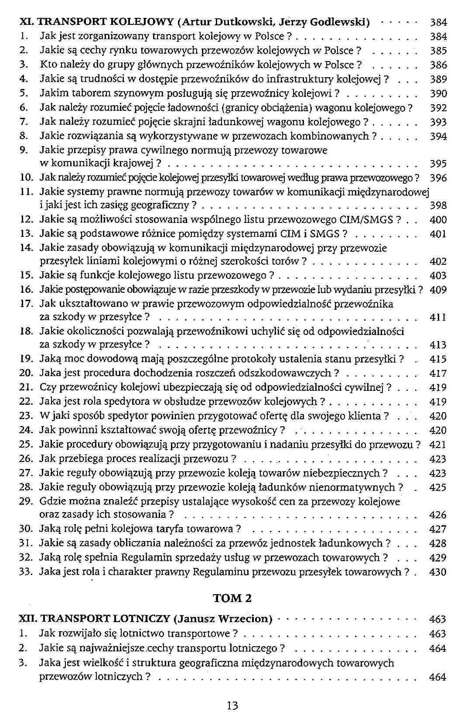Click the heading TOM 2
tap(232, 598)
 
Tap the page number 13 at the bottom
tap(232, 705)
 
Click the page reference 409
tap(438, 290)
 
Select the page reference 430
tap(438, 572)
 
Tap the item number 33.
tap(26, 572)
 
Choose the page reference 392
tap(438, 108)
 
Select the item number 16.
tap(26, 290)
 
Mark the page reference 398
tap(438, 205)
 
